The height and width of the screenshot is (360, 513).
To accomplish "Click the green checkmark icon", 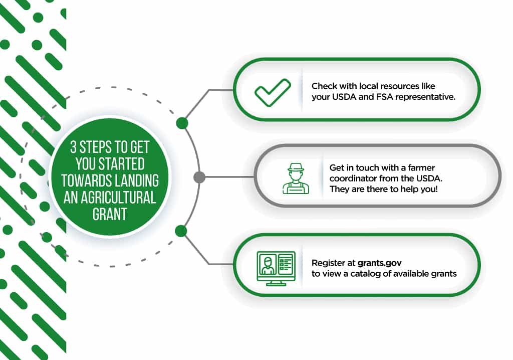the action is [x=273, y=92].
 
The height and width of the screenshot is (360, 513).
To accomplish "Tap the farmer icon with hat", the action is [x=296, y=178].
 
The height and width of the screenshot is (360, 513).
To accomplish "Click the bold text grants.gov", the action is [x=379, y=263].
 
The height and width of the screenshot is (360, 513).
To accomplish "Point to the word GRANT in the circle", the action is [x=110, y=214].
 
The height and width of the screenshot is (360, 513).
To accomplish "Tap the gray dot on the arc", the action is [x=199, y=177].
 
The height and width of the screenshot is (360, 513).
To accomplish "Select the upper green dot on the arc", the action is [x=182, y=123].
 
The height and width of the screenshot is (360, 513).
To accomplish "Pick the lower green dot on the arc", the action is [x=181, y=231].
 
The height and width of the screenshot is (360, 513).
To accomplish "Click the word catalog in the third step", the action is [x=365, y=274].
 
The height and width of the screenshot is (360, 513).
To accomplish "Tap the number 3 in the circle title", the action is [x=73, y=147].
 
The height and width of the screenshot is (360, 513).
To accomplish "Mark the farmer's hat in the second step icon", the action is [x=296, y=167].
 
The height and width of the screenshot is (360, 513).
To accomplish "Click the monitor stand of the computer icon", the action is [x=276, y=283].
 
